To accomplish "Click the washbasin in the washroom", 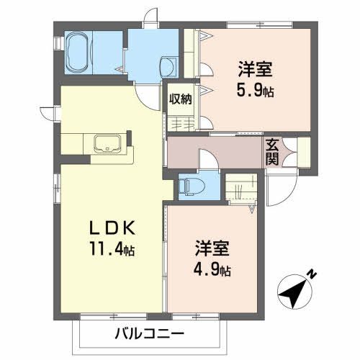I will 169,67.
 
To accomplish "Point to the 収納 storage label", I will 181,99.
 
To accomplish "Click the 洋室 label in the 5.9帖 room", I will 256,71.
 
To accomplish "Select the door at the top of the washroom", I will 150,18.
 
